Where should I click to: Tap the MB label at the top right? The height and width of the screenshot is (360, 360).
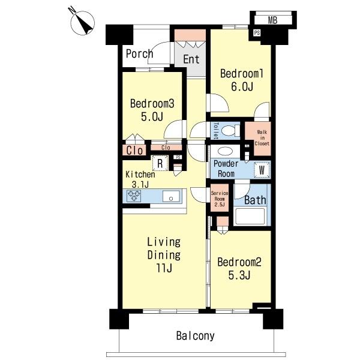[272, 20]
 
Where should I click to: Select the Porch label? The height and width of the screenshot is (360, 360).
[139, 54]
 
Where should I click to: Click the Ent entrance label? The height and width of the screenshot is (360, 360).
[191, 59]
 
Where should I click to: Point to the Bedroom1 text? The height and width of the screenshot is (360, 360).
[242, 73]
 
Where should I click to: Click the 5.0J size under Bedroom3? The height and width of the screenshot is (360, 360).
[152, 116]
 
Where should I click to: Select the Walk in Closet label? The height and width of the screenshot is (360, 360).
[262, 138]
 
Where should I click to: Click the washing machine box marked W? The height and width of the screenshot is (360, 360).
[262, 170]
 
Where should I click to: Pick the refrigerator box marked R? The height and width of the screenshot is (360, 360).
[160, 163]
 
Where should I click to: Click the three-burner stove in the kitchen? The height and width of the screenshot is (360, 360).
[134, 196]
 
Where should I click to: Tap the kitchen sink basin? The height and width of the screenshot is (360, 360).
[171, 196]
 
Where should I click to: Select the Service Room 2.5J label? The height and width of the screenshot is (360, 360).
[220, 199]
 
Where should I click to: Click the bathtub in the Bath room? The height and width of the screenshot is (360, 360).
[250, 216]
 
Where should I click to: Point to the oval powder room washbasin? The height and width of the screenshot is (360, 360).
[226, 152]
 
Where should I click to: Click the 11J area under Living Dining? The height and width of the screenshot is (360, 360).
[164, 268]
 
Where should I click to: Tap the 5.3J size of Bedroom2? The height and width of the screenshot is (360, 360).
[239, 275]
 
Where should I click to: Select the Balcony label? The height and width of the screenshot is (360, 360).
[196, 336]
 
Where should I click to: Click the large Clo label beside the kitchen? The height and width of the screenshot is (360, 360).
[134, 151]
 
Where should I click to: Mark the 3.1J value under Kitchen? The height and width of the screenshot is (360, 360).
[140, 184]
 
